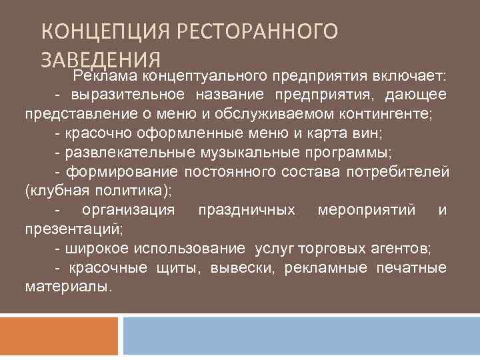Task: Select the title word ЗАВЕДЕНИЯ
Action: pyautogui.click(x=100, y=58)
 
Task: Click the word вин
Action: pyautogui.click(x=369, y=133)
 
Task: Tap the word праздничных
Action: pyautogui.click(x=247, y=211)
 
